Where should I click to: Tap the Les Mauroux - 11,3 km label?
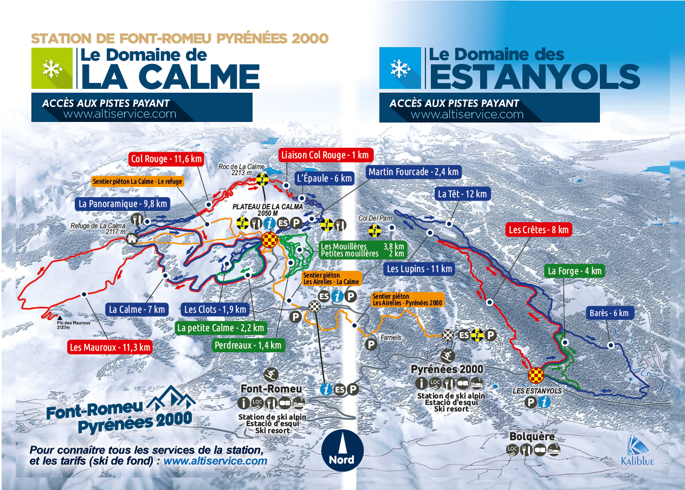click(110, 347)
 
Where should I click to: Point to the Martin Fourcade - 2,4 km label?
click(413, 172)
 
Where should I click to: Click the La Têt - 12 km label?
click(462, 194)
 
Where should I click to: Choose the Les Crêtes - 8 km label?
click(538, 230)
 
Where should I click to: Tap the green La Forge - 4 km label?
click(574, 271)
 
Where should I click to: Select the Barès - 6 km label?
click(608, 313)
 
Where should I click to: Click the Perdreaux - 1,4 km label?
click(248, 345)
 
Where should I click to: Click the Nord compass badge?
click(341, 449)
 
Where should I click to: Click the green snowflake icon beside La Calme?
click(52, 68)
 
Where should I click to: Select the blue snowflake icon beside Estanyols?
click(400, 68)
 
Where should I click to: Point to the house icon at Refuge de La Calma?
click(132, 238)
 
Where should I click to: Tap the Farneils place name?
click(391, 337)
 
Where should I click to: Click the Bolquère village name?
click(532, 437)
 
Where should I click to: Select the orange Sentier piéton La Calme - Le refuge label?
click(137, 182)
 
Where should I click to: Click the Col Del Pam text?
click(371, 218)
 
